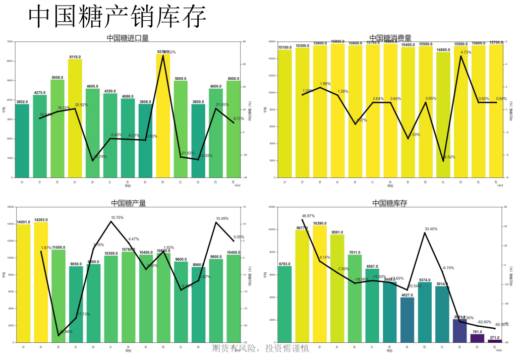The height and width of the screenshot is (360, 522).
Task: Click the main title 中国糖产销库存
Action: click(117, 17)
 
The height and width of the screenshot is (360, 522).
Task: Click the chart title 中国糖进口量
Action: click(128, 38)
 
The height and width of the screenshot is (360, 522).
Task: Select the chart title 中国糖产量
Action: click(128, 203)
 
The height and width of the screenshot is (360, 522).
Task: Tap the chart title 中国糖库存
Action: click(389, 203)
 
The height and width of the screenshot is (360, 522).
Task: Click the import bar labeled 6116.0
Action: click(75, 118)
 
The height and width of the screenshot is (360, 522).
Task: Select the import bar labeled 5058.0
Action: click(57, 129)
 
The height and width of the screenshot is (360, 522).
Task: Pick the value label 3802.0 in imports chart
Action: click(22, 102)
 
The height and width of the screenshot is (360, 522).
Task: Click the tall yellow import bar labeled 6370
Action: click(163, 116)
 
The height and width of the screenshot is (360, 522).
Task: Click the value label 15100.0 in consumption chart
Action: click(285, 47)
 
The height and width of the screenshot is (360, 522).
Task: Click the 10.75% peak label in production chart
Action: click(117, 218)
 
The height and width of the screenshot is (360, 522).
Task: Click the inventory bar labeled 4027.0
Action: click(407, 320)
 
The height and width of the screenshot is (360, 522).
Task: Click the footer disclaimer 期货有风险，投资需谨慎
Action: click(261, 348)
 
